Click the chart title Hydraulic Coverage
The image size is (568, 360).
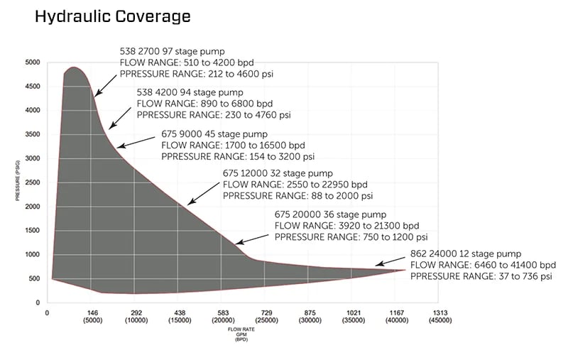(x=112, y=16)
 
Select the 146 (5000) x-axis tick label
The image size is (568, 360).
(x=91, y=316)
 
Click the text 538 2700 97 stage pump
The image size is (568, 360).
(x=173, y=52)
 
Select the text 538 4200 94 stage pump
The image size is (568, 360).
(x=190, y=92)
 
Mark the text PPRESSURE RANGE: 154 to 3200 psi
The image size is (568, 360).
(x=238, y=156)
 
